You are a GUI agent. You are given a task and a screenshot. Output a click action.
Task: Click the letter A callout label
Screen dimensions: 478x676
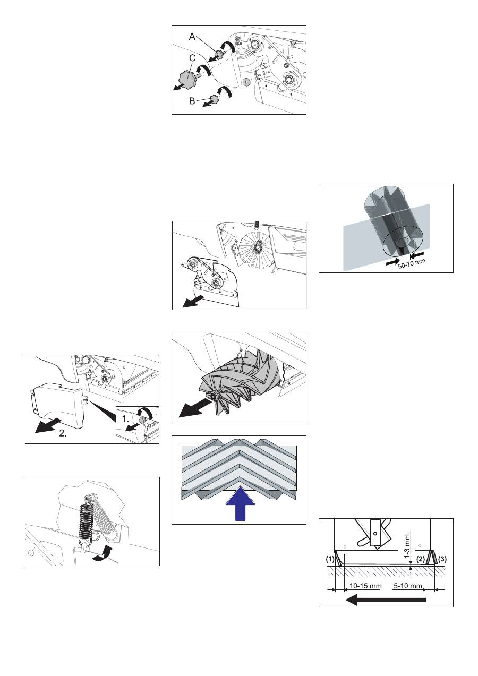click(192, 37)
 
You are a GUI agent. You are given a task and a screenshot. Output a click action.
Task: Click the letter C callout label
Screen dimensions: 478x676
click(192, 58)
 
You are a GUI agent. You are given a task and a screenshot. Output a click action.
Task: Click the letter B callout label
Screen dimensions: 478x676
click(192, 101)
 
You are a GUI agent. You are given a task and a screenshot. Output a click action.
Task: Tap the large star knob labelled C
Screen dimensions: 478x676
click(189, 79)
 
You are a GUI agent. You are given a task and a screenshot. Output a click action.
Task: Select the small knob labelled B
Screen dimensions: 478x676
click(214, 98)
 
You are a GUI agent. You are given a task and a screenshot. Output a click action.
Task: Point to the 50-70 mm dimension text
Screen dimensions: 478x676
click(412, 264)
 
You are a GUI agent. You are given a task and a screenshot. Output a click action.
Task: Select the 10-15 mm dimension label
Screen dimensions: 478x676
click(365, 586)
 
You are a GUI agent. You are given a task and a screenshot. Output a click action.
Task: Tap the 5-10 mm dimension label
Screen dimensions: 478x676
click(408, 586)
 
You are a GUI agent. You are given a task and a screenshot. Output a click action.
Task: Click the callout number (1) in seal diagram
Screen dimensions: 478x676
click(330, 559)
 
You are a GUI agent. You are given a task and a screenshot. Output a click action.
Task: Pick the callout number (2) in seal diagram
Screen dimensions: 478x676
click(421, 559)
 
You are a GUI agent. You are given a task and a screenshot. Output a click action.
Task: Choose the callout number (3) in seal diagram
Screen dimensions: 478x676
click(442, 559)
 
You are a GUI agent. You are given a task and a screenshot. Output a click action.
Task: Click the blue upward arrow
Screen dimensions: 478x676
click(241, 503)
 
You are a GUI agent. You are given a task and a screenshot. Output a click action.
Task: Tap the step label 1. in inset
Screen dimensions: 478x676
click(125, 418)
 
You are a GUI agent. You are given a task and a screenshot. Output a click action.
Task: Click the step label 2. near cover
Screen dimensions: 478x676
click(63, 433)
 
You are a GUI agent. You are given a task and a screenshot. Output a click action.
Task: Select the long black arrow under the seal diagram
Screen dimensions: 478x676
click(386, 600)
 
